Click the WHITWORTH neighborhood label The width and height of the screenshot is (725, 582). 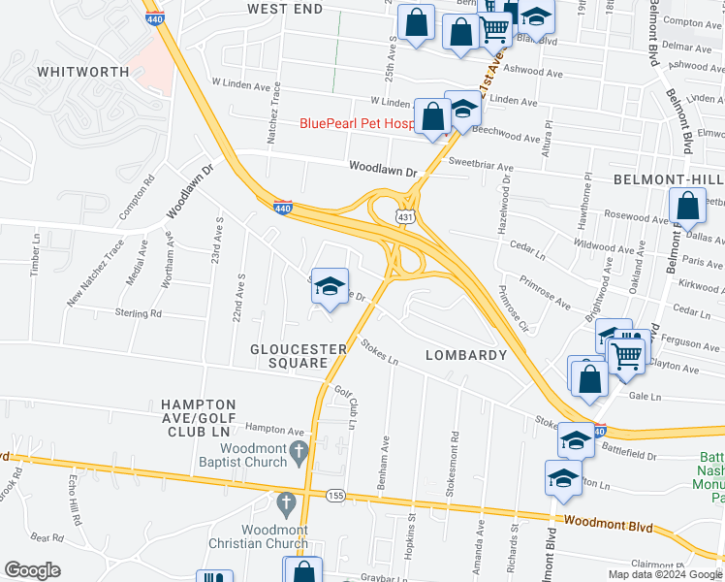tap(82, 72)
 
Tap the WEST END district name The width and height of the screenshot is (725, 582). tap(284, 9)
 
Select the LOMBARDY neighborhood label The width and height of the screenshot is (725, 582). tap(466, 355)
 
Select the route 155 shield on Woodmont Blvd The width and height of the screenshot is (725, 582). tap(336, 495)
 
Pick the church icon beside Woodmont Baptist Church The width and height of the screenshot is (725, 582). tap(299, 452)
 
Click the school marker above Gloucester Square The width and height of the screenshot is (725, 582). tap(331, 286)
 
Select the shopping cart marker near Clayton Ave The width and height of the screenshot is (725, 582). tap(627, 356)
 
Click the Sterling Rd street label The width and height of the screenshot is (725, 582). tap(135, 313)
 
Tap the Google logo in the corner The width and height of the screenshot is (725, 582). tap(33, 569)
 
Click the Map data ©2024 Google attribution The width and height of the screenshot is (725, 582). tap(665, 574)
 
